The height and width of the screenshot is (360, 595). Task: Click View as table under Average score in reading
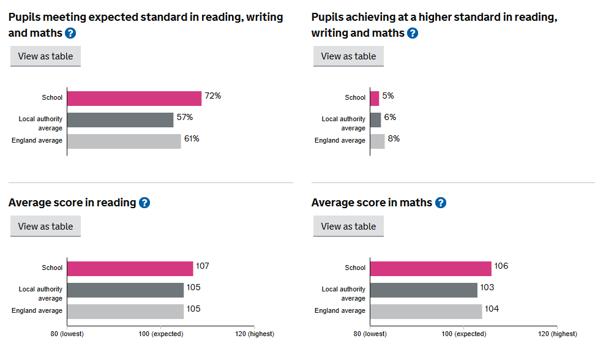coord(45,227)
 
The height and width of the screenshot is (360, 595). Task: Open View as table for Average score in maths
coord(348,227)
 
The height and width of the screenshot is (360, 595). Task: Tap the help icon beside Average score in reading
coord(144,203)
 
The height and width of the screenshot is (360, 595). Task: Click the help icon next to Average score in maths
coord(440,203)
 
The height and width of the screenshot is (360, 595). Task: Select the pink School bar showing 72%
coord(134,98)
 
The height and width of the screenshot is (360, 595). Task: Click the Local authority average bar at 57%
coord(120,119)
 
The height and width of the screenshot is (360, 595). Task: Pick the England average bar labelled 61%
coord(124,141)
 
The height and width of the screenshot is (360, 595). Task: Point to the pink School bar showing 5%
coord(375,98)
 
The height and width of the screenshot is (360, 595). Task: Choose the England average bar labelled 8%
coord(378,141)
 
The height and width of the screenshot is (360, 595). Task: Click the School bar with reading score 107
coord(130,268)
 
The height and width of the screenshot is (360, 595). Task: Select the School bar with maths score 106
coord(431,268)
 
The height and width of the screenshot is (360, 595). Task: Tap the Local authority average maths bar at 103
coord(424,290)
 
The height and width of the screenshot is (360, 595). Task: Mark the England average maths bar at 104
coord(426,311)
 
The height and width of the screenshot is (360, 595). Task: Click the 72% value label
coord(212,96)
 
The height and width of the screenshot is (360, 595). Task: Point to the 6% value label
coord(390,118)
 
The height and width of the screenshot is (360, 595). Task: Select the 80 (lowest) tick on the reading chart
coord(67,334)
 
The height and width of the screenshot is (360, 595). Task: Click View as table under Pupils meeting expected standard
coord(45,56)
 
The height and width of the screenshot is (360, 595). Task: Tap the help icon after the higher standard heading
coord(413,33)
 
